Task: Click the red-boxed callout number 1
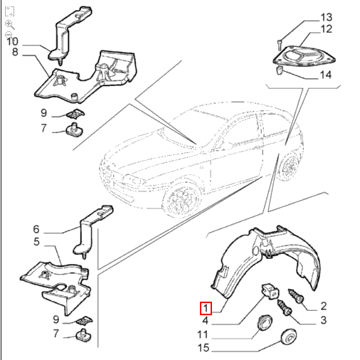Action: [x=205, y=309]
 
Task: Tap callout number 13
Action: [x=326, y=17]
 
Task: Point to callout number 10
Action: [x=12, y=41]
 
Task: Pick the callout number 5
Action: [x=36, y=242]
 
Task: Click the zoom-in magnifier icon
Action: [x=9, y=23]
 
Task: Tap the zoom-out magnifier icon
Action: [x=9, y=35]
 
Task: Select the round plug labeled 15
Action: [x=288, y=337]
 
